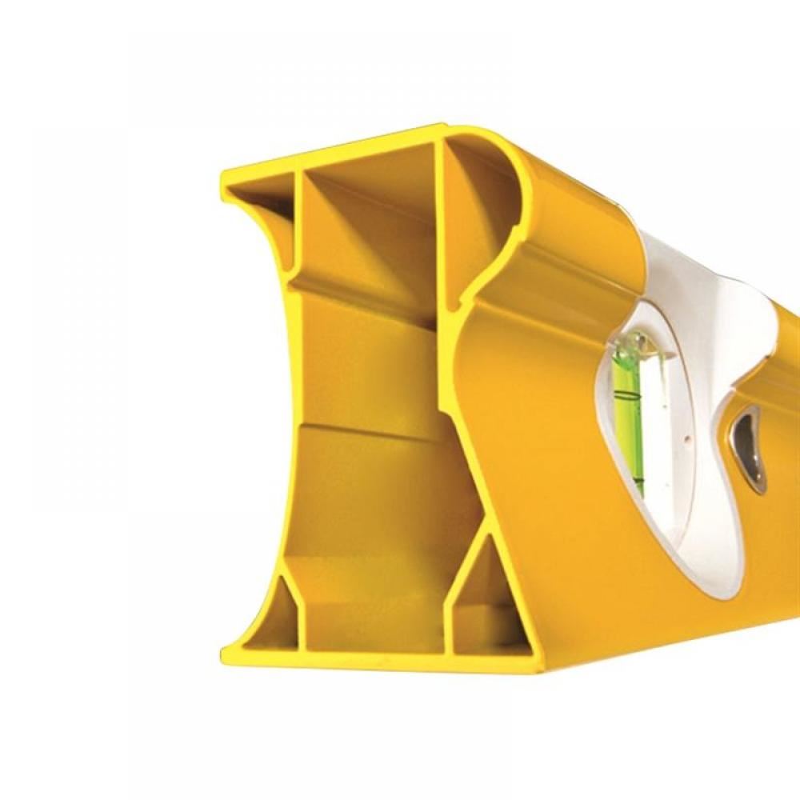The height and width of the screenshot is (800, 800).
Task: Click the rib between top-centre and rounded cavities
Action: click(440, 216)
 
